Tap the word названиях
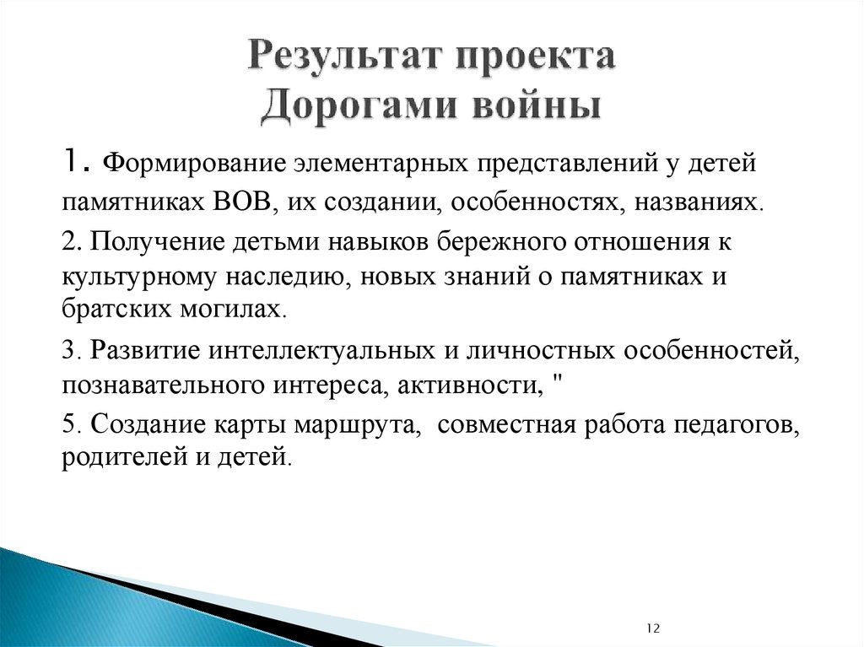click(709, 202)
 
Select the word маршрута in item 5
click(365, 424)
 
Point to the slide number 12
click(654, 629)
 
